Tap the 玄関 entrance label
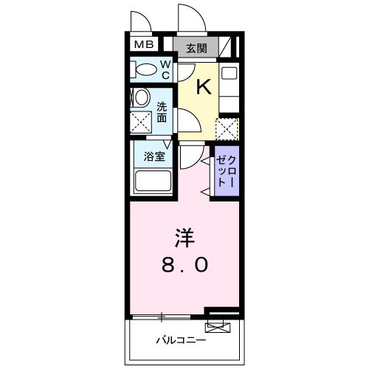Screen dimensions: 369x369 coord(196,49)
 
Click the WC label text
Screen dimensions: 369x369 coord(166,71)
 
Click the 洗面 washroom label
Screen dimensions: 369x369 coord(162,111)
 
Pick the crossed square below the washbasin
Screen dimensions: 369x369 coord(140,122)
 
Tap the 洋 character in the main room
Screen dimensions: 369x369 coord(184,238)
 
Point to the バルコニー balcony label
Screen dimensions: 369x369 coord(180,340)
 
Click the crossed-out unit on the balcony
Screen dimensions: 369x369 coord(216,325)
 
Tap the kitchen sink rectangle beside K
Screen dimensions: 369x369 coord(229,74)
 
